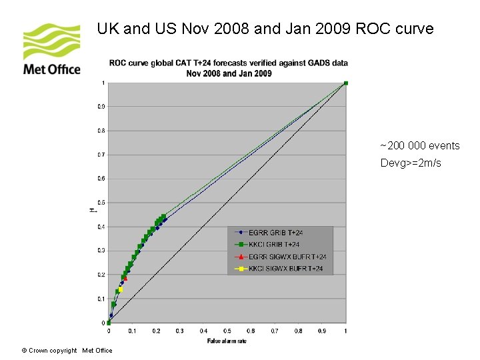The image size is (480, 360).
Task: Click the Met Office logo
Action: [51, 49]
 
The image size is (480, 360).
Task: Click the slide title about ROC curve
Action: [265, 29]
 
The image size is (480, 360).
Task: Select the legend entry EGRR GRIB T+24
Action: [275, 233]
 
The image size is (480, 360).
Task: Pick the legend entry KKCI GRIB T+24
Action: [274, 245]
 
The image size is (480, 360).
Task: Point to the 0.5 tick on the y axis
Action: [101, 203]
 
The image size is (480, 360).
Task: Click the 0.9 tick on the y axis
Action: [101, 107]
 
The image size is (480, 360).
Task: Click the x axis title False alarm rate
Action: [227, 341]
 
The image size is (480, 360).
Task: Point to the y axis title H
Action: [92, 210]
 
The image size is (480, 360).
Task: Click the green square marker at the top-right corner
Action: [345, 83]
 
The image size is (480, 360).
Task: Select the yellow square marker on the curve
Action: [121, 289]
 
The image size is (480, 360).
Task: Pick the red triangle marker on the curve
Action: [125, 278]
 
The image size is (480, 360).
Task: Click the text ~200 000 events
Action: [419, 146]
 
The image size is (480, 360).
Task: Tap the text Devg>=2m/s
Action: [411, 163]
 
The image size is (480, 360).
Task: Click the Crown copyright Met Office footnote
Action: [67, 351]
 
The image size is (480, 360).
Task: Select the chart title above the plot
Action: [229, 68]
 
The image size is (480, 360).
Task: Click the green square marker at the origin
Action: [109, 323]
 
